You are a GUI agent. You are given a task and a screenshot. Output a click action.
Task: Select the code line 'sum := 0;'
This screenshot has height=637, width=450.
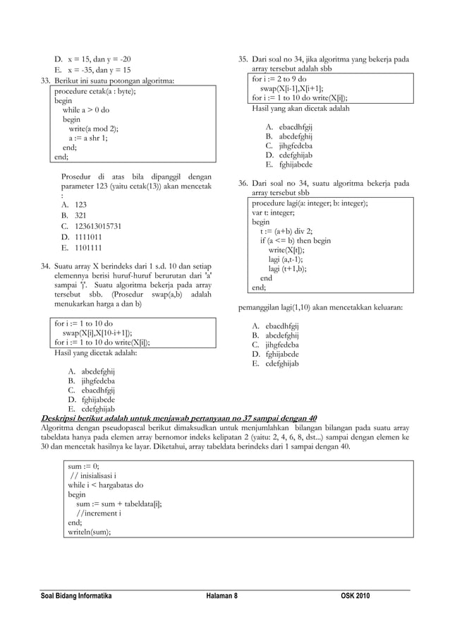[83, 467]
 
